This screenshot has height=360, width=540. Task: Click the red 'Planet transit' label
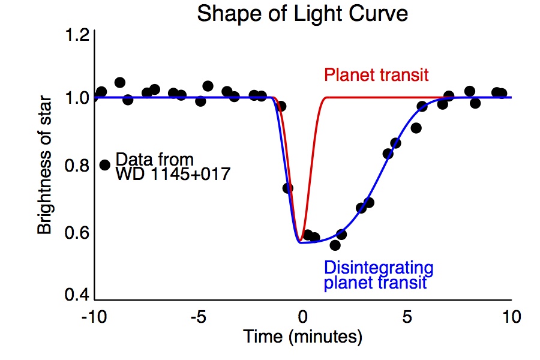[376, 75]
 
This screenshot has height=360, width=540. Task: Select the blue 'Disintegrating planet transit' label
[377, 274]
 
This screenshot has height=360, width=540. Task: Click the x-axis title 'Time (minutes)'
[302, 337]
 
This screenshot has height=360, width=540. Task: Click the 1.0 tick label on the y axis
[78, 97]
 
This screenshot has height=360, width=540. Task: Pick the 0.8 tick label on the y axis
[78, 166]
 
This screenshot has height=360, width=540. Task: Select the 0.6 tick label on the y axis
[78, 232]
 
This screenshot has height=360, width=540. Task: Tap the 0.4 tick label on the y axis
[78, 296]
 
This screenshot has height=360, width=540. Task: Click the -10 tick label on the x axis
[94, 316]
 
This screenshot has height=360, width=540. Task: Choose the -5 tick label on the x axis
[199, 316]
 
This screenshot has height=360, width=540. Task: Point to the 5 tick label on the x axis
[407, 316]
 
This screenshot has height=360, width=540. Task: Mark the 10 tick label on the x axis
[511, 316]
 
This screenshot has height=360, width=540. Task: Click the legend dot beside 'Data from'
[105, 164]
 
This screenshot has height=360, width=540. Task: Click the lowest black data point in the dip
[335, 245]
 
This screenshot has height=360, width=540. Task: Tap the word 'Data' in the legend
[130, 160]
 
